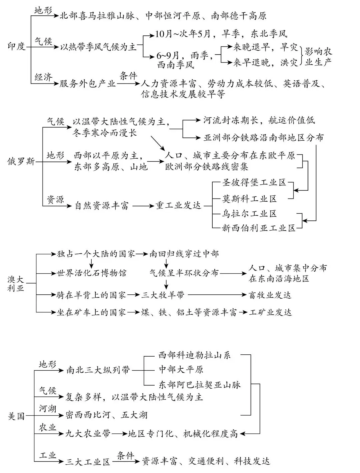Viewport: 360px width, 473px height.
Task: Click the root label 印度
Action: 16,46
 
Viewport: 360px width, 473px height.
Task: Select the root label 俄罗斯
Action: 21,162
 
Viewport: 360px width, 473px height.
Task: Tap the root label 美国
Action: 16,416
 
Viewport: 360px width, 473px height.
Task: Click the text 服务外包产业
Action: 88,83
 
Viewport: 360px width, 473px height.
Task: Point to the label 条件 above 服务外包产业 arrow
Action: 128,76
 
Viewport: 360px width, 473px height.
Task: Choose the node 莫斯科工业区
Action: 249,199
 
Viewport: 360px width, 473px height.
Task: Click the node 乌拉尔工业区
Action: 249,214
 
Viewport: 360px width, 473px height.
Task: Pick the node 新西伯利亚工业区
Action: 259,228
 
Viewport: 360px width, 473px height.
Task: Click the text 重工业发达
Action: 179,206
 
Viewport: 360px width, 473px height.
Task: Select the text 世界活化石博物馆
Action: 92,273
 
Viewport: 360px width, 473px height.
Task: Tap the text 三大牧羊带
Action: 163,295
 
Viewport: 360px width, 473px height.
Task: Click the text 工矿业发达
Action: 270,312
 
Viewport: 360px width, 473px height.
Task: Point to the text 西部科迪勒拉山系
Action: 195,355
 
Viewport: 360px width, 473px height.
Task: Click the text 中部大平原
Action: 181,369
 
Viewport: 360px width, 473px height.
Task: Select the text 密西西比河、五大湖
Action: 106,415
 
